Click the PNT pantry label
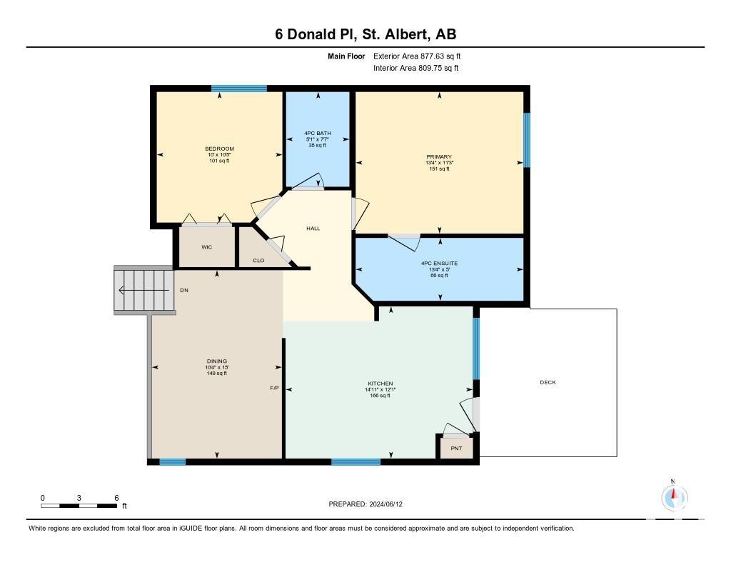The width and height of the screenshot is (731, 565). tap(456, 448)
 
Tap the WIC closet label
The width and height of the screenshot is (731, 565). tap(206, 247)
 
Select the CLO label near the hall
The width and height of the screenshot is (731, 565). tap(258, 260)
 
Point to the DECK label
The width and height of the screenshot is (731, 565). tap(548, 382)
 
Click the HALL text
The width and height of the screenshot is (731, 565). tap(313, 228)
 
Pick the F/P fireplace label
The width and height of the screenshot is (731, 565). tap(274, 388)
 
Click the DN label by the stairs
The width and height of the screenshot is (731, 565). tap(184, 290)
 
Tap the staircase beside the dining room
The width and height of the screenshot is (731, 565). tap(144, 290)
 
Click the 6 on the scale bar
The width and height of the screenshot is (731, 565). tap(116, 498)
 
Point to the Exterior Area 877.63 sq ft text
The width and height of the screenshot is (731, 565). tap(417, 56)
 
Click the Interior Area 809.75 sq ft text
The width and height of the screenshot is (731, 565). tap(416, 68)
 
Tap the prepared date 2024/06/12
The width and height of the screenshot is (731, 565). tap(386, 504)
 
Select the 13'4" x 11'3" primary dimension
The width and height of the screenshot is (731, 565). tap(439, 163)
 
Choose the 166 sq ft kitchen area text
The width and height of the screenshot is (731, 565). tap(380, 396)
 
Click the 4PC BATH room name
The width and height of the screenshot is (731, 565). tap(318, 133)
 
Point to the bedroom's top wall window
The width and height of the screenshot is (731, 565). tap(238, 88)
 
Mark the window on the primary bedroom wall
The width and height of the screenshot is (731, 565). tap(527, 139)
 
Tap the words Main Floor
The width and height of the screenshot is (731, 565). tap(346, 56)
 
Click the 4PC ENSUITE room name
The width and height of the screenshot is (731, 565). tap(439, 263)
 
